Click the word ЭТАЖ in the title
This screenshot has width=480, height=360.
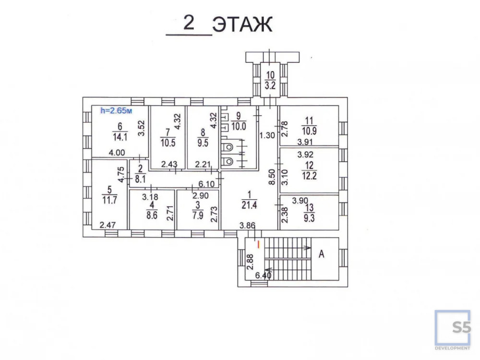(x=242, y=24)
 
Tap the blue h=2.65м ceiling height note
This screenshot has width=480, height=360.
(x=116, y=110)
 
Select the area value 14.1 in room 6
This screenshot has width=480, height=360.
(x=120, y=137)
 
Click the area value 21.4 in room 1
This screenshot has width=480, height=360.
(x=249, y=205)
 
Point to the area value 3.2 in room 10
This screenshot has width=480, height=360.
(x=270, y=85)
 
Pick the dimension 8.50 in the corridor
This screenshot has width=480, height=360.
(x=272, y=177)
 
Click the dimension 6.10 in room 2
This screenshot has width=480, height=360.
(x=206, y=184)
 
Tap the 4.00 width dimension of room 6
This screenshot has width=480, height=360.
(x=117, y=153)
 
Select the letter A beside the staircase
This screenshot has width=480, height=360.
(x=322, y=254)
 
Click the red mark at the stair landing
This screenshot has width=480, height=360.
(x=259, y=244)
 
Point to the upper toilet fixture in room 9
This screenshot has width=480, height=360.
(x=228, y=147)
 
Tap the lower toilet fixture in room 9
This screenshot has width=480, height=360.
(x=228, y=161)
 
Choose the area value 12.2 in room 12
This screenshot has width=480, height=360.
(x=309, y=176)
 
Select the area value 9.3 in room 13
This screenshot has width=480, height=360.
(x=309, y=218)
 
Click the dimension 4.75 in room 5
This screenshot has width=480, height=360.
(x=121, y=175)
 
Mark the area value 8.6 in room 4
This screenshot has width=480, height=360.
(x=152, y=215)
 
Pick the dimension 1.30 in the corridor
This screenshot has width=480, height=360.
(x=267, y=135)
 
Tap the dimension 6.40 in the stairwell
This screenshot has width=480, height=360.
(x=263, y=276)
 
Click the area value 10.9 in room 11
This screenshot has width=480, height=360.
(x=309, y=131)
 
